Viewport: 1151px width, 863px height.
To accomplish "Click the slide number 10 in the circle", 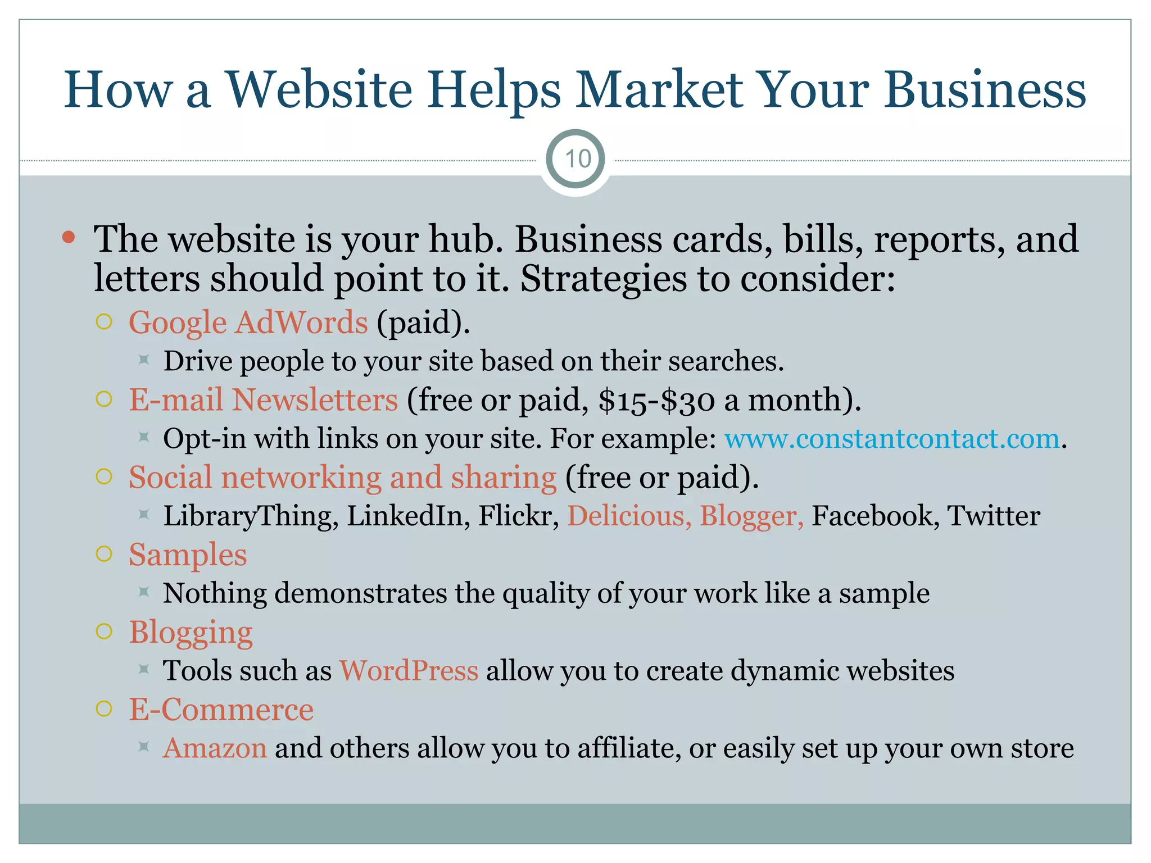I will [x=577, y=159].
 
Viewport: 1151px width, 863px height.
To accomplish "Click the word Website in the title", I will [x=319, y=90].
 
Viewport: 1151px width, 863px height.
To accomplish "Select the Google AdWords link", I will [x=248, y=323].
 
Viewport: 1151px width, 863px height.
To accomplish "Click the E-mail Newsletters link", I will [x=263, y=400].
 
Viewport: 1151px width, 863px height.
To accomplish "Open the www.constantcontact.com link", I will [x=891, y=439].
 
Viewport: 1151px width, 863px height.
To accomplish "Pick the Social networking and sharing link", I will [x=342, y=478].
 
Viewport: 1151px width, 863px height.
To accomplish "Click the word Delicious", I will [x=629, y=516].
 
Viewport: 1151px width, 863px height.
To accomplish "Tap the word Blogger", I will [x=751, y=516].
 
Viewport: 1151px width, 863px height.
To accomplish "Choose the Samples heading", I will [x=188, y=555].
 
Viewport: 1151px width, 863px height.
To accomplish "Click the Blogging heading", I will [x=191, y=633].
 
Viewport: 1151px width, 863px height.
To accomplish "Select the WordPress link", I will [x=409, y=671].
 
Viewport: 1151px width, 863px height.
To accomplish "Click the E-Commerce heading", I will [x=221, y=710].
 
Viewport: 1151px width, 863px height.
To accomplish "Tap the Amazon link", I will [x=215, y=748].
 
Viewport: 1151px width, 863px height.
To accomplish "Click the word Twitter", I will [x=993, y=516].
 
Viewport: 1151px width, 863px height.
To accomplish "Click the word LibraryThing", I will [x=251, y=516].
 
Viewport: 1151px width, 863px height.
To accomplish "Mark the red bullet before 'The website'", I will [x=69, y=237].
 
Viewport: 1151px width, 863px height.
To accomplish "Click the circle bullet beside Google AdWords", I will [x=104, y=322].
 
